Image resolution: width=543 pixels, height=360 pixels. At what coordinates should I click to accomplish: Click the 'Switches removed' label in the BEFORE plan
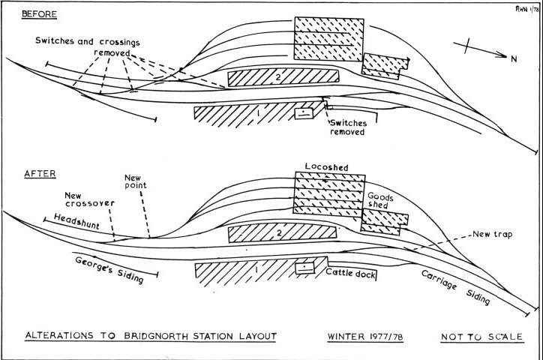tap(350, 126)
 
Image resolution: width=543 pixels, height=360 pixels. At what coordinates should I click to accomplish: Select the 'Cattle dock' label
tap(350, 273)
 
